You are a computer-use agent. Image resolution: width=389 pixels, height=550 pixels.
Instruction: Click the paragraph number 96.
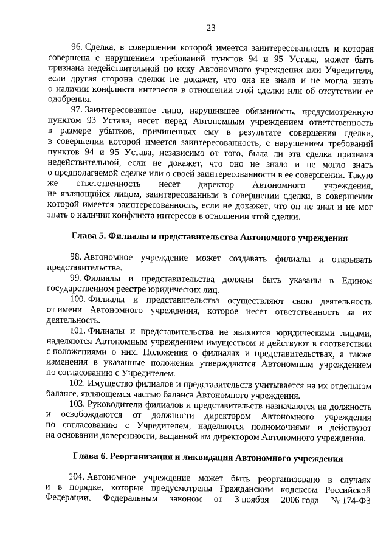77,47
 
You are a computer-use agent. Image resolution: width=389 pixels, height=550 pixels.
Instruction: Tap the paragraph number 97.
77,109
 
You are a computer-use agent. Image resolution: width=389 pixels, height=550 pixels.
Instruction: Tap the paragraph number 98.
77,259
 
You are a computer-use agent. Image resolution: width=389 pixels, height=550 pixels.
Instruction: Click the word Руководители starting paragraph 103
113,405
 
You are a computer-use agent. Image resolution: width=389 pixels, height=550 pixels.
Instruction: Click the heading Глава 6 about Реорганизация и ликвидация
207,458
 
